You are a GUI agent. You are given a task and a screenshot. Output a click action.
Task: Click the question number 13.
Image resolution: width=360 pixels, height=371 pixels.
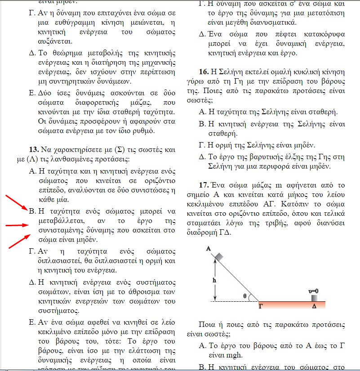coord(34,149)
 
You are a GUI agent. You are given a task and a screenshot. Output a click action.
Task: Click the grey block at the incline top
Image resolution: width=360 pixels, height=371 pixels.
coord(219,256)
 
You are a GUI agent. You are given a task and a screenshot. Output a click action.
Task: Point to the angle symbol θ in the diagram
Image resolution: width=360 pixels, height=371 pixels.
coord(245,296)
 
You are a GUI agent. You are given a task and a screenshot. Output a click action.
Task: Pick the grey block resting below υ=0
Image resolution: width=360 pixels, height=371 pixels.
coord(314,297)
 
